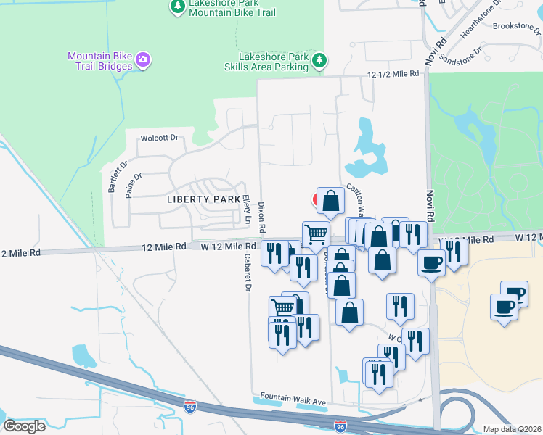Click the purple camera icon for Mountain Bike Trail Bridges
point(143,59)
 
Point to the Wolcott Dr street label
point(159,138)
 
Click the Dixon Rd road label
point(262,217)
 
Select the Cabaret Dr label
point(246,276)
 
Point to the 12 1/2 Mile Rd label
point(393,74)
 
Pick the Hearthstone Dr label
point(478,18)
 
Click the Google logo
point(25,426)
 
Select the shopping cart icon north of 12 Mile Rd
point(316,234)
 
